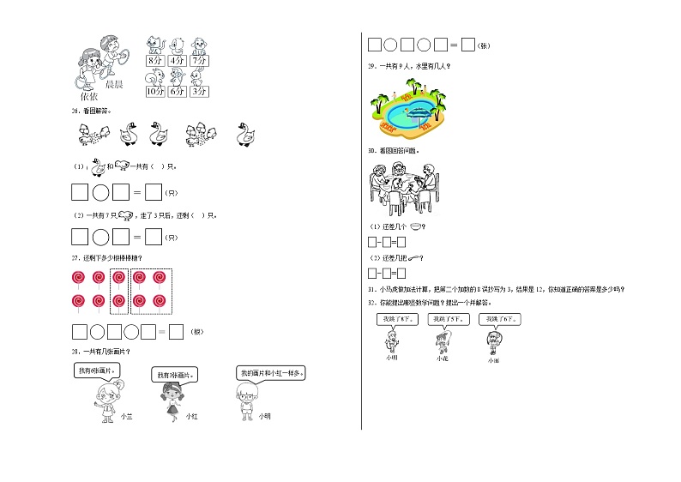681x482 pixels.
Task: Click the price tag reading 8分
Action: coord(154,62)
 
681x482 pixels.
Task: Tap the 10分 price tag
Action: coord(154,91)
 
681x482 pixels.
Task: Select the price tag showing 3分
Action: coord(199,91)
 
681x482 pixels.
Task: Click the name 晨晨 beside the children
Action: coord(114,85)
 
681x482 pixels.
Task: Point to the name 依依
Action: coord(88,97)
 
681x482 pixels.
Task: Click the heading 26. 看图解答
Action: coord(92,111)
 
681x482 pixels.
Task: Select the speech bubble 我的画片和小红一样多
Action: coord(272,373)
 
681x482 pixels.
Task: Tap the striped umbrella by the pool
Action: coord(420,111)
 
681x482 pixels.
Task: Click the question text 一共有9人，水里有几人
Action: coord(413,66)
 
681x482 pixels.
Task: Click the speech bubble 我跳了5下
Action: coord(443,319)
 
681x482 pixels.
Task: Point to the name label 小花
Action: coord(442,358)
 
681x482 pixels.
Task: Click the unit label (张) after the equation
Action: coord(485,45)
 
